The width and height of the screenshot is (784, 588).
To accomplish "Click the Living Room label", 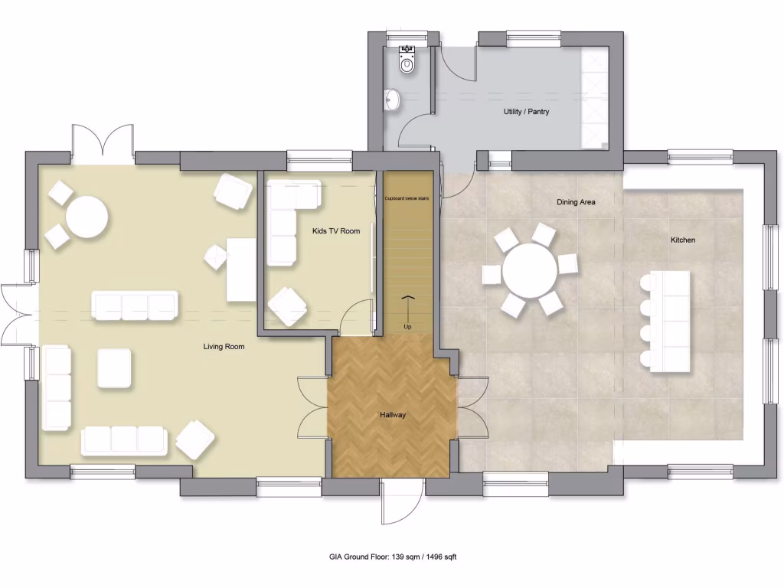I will (x=224, y=347).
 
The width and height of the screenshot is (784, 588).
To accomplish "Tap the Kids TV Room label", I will (x=336, y=231).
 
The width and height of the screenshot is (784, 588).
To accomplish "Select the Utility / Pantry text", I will (x=526, y=112).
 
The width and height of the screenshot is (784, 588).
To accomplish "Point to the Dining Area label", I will (x=575, y=203).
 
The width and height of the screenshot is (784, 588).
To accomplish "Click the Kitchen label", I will (x=683, y=240).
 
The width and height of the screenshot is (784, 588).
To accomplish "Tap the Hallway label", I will (x=392, y=416).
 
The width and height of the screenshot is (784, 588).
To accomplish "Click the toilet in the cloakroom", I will (x=407, y=61).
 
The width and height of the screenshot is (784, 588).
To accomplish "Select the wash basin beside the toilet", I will (x=393, y=99).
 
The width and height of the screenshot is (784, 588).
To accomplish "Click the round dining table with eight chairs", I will (x=530, y=271).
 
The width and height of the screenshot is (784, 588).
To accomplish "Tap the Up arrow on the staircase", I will (x=407, y=308).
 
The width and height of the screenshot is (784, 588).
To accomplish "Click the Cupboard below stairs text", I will (x=408, y=198).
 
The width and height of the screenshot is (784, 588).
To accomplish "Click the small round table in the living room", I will (x=86, y=218).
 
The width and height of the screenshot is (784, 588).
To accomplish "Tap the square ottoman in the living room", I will (x=114, y=368).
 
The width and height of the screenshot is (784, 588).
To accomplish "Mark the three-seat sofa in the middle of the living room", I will (x=135, y=305).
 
